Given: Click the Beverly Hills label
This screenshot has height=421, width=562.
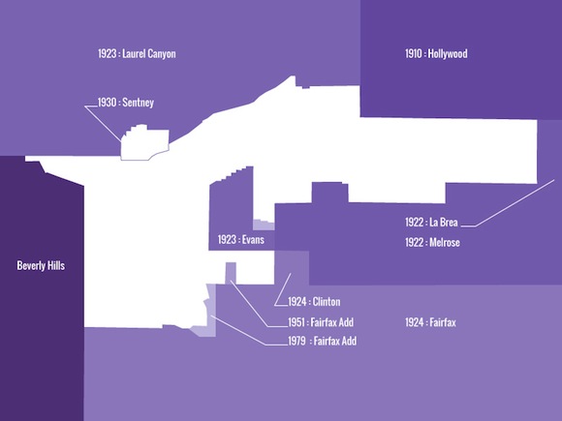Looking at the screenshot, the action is (x=41, y=265).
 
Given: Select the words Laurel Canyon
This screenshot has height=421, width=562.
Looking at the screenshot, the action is (x=149, y=53).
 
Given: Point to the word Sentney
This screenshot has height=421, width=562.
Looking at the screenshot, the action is (x=138, y=103).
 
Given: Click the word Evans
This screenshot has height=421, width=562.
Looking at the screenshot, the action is (x=253, y=239).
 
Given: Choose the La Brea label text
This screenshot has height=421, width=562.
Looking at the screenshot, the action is (x=444, y=223).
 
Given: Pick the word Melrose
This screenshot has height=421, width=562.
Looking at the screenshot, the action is (x=445, y=243).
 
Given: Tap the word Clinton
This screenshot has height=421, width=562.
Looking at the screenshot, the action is (x=327, y=301).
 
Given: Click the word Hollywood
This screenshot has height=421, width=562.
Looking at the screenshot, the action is (x=448, y=53).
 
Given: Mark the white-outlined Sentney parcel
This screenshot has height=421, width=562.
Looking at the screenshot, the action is (x=144, y=143).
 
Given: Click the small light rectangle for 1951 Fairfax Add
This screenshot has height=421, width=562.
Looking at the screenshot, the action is (x=231, y=273).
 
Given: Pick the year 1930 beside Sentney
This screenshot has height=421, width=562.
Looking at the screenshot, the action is (x=108, y=103).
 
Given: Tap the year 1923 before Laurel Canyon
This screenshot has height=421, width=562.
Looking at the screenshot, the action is (x=108, y=53).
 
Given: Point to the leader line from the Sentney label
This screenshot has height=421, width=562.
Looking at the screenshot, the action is (x=103, y=123).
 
